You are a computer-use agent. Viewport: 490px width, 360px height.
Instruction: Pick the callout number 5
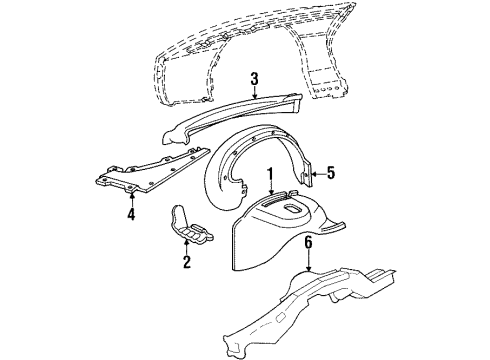click(331, 171)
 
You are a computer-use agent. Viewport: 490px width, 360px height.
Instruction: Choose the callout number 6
click(310, 241)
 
